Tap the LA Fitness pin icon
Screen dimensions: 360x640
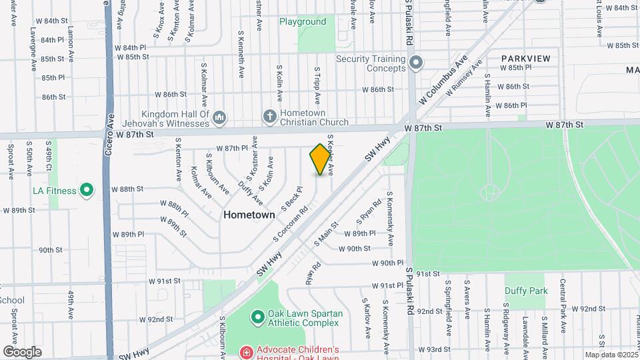(86, 191)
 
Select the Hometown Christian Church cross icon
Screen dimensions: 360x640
(270, 116)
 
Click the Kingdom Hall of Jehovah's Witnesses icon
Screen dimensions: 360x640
(220, 119)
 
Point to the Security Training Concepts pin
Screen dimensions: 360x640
(417, 63)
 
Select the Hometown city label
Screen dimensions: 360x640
(249, 215)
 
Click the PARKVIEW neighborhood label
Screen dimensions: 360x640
(526, 59)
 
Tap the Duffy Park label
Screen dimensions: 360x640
(525, 291)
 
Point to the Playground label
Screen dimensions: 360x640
(303, 22)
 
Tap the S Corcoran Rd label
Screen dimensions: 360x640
(290, 224)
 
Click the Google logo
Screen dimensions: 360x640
(22, 351)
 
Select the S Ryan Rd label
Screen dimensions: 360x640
(369, 211)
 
